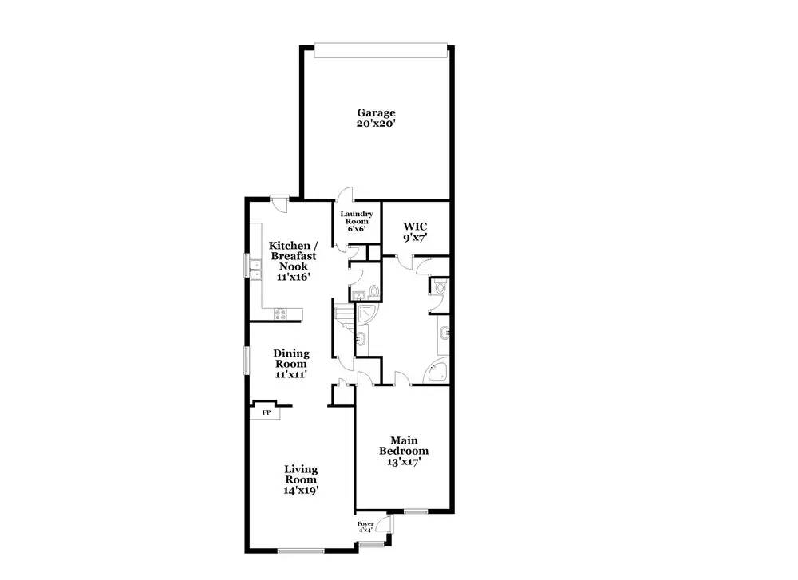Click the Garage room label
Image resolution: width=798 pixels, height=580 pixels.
(376, 113)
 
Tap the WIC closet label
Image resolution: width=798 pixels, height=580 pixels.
(415, 227)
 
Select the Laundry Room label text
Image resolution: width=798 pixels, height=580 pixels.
(356, 218)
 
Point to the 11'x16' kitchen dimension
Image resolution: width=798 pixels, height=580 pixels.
(294, 278)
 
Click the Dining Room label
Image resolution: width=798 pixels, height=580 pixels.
(291, 359)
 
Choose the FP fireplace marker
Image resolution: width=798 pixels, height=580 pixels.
(267, 412)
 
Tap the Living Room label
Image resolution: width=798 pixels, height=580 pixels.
(301, 474)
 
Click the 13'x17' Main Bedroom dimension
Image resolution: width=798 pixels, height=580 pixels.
(404, 462)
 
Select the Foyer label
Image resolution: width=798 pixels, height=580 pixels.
(365, 524)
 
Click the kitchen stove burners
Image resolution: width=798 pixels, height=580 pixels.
(280, 314)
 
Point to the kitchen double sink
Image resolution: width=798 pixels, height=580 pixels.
(255, 270)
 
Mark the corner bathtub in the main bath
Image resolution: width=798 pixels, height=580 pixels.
(437, 372)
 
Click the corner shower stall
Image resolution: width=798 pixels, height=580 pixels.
(367, 314)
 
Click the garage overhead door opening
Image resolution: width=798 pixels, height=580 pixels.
(381, 50)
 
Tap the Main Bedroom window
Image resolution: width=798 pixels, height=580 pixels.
(416, 512)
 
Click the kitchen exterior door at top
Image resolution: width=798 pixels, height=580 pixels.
(279, 203)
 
